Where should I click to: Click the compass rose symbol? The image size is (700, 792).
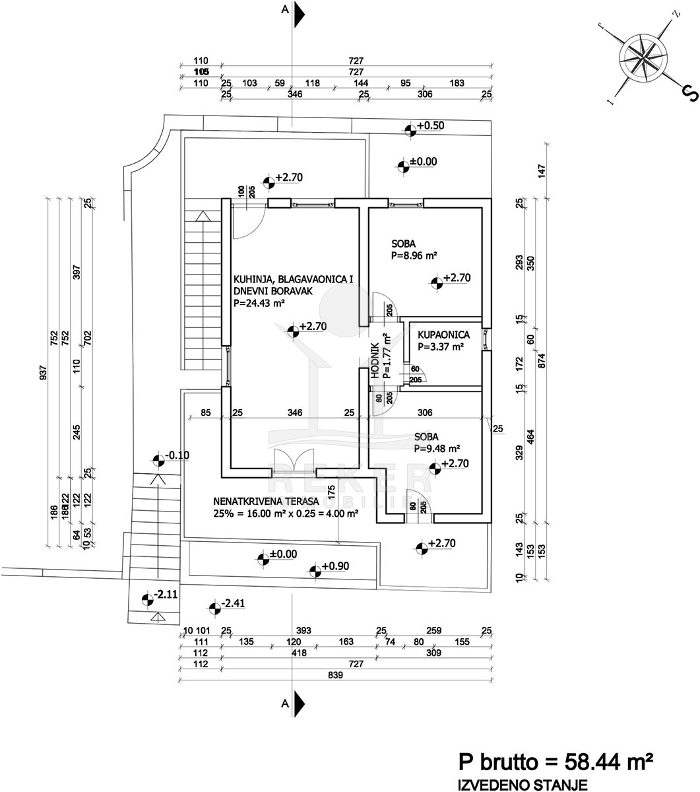[x=639, y=58]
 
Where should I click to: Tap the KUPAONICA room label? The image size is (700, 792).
[x=444, y=335]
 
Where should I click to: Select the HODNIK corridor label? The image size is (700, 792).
[x=375, y=360]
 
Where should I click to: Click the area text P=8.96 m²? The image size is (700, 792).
[x=415, y=254]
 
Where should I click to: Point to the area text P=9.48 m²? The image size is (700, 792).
[x=437, y=448]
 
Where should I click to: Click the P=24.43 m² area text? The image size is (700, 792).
[x=259, y=303]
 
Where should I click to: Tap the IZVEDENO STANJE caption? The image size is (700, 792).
[x=518, y=784]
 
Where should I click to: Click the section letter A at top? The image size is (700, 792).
[x=285, y=10]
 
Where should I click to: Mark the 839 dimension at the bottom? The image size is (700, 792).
[x=336, y=676]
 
